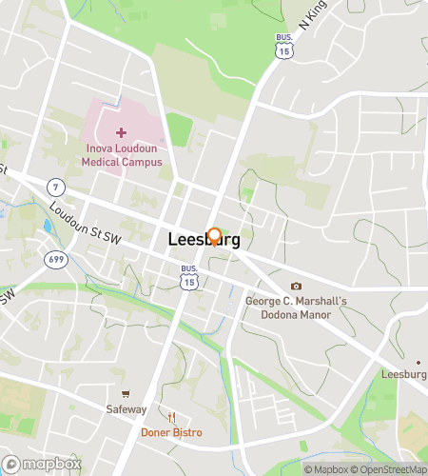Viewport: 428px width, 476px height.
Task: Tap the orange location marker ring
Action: (214, 235)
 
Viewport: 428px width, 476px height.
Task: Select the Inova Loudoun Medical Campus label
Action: (121, 155)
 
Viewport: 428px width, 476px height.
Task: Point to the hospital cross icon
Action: (121, 132)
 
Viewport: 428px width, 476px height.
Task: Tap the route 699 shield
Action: (56, 260)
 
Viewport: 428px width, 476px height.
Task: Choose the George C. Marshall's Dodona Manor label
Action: (296, 308)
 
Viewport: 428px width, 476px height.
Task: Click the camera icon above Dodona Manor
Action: (296, 287)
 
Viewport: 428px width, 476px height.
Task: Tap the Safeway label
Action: (126, 410)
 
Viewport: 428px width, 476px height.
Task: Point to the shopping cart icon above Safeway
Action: (126, 394)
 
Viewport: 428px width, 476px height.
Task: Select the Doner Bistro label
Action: (171, 432)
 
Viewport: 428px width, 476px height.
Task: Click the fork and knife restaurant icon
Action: (172, 417)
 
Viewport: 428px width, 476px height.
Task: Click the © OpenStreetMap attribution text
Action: (390, 468)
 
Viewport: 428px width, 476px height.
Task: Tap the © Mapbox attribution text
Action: (326, 468)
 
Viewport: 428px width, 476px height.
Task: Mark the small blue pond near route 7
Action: (48, 227)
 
